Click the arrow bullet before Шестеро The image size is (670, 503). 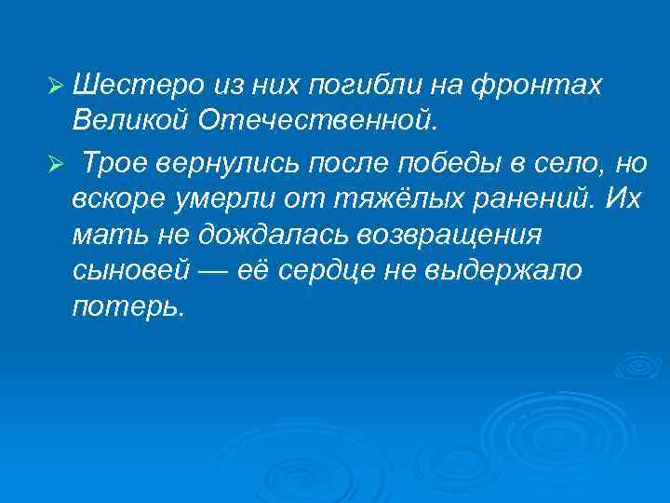[x=54, y=87]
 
